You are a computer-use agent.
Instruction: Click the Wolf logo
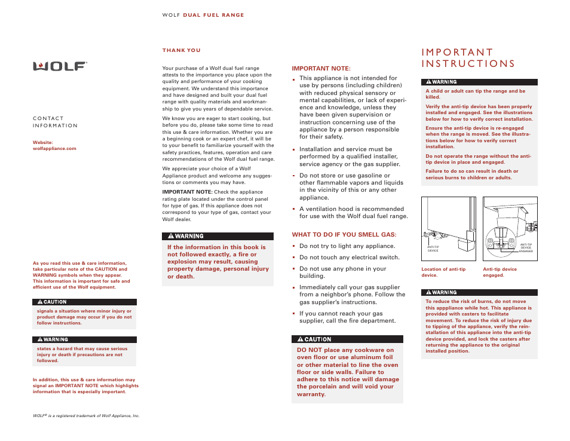[60, 66]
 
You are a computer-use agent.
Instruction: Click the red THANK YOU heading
[182, 51]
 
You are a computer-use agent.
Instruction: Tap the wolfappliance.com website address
[54, 148]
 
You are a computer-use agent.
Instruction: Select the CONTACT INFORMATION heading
[55, 122]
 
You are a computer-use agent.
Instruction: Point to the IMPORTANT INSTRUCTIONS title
[468, 58]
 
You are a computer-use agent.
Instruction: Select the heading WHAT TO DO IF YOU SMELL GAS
[344, 234]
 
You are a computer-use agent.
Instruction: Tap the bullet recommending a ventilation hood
[353, 213]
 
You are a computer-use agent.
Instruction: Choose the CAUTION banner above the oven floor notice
[347, 339]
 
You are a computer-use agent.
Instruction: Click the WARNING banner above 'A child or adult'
[479, 82]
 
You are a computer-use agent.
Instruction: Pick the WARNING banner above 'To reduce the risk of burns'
[479, 292]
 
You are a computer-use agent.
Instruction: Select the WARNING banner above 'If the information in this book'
[217, 236]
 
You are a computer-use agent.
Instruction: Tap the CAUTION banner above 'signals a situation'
[84, 302]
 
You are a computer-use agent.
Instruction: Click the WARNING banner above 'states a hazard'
[84, 339]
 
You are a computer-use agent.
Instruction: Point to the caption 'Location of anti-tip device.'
[443, 272]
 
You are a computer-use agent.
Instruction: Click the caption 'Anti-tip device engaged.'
[499, 272]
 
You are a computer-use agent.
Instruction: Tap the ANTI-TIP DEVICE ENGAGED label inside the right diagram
[525, 247]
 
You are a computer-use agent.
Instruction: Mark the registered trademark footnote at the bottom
[86, 415]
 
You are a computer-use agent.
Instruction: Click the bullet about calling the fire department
[347, 317]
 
